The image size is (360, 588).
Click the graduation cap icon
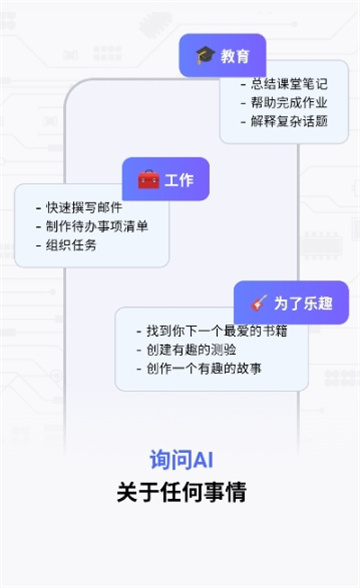tap(205, 56)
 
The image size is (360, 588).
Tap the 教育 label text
tap(236, 56)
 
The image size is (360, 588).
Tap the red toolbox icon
tap(148, 180)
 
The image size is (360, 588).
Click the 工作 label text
tap(179, 180)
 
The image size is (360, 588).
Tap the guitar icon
tap(259, 302)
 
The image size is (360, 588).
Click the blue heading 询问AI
tap(181, 459)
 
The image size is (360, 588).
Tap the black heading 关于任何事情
tap(181, 492)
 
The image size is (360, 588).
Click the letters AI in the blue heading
tap(203, 459)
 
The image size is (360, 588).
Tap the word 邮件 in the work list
tap(109, 208)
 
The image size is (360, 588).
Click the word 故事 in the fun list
tap(248, 369)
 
